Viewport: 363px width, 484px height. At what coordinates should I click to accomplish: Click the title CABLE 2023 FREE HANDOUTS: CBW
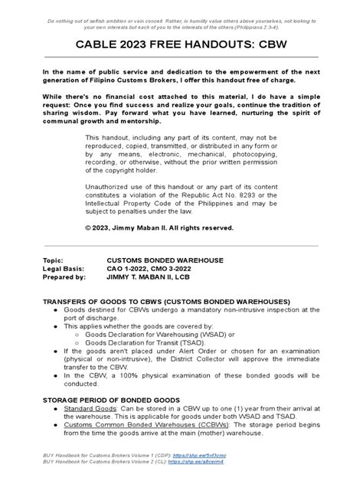(181, 46)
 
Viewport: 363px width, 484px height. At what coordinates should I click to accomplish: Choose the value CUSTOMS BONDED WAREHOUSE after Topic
(165, 260)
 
